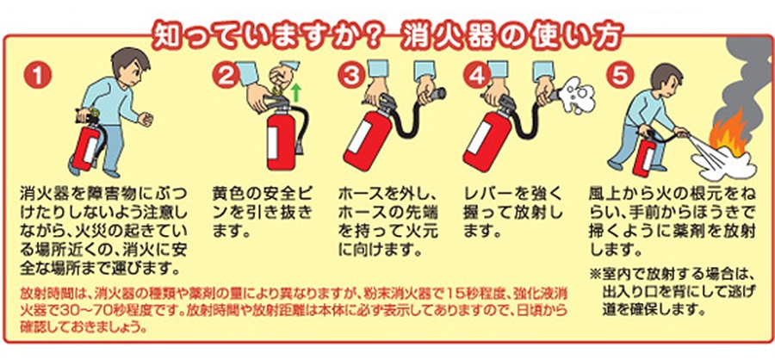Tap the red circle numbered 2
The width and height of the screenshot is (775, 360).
coord(226,76)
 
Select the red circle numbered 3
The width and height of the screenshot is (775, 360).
coord(351,76)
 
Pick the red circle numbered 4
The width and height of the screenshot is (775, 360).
coord(477,76)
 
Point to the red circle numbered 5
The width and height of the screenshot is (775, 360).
coord(622,76)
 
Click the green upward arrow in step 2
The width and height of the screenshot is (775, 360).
coord(295,92)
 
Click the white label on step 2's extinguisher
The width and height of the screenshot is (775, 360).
coord(273,142)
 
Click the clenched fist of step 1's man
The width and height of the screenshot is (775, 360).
coord(146,120)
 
